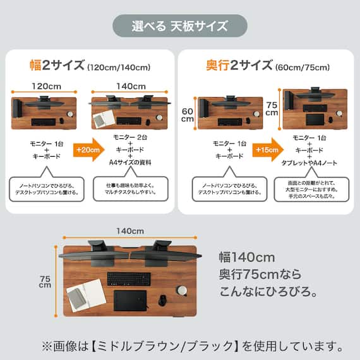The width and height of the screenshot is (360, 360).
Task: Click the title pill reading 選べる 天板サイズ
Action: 180,26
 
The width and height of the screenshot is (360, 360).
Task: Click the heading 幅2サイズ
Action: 57,66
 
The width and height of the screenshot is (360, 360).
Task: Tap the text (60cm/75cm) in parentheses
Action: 301,67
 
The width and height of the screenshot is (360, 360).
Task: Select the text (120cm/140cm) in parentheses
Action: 119,67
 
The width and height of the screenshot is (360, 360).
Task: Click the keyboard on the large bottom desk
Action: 128,279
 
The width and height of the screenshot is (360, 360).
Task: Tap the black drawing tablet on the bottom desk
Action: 130,300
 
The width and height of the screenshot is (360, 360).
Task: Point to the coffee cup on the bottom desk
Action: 182,290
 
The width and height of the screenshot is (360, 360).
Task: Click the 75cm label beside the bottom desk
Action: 45,280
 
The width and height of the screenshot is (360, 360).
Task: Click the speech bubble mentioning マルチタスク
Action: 130,188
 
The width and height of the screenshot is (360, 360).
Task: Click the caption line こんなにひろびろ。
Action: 268,292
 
